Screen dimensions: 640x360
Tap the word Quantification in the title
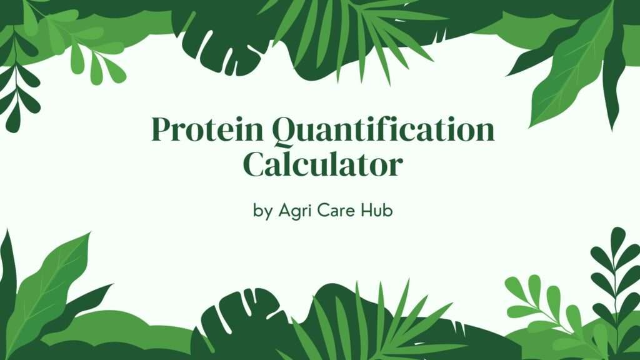tap(383, 131)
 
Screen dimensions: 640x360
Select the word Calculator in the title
tap(323, 164)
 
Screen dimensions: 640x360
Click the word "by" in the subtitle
tap(262, 211)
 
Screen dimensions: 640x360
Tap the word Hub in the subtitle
tap(376, 210)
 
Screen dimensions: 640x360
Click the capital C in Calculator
tap(256, 164)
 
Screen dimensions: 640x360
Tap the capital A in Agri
tap(285, 210)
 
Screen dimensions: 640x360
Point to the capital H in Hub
tap(366, 210)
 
